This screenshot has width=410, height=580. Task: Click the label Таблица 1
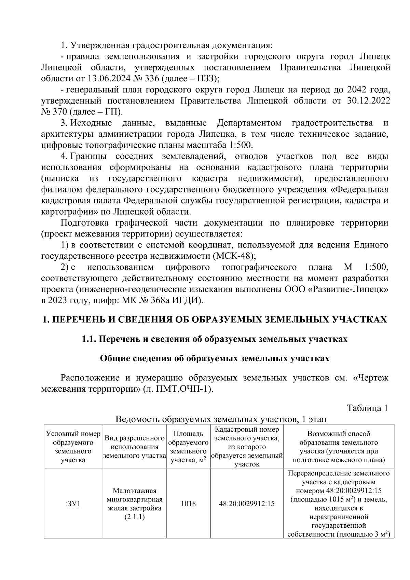point(367,408)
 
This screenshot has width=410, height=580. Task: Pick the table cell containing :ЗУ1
point(73,503)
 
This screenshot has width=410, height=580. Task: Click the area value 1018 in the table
point(188,503)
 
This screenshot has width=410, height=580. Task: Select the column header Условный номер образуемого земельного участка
point(73,447)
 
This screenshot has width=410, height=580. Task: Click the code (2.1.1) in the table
point(135,517)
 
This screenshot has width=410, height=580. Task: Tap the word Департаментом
point(249,123)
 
